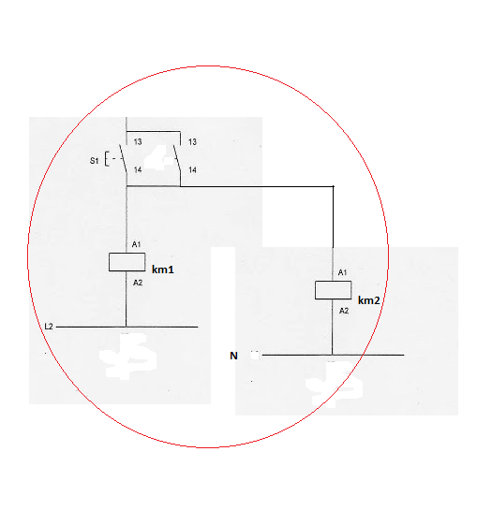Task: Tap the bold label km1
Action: (162, 270)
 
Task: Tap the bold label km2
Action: (369, 300)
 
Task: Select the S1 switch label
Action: (94, 161)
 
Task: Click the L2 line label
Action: (49, 327)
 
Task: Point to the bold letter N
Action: (233, 356)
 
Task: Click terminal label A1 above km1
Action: (136, 244)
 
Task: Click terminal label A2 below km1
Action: (138, 283)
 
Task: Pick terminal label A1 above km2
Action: (342, 272)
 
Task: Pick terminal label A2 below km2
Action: (344, 311)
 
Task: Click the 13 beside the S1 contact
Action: (138, 142)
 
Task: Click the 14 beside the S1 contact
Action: (138, 169)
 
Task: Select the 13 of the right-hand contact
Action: (192, 142)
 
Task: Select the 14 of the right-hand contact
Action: (192, 169)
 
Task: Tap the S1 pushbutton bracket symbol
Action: (107, 159)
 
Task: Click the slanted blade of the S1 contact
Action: (123, 158)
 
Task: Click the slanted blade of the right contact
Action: (177, 158)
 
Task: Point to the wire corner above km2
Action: (333, 186)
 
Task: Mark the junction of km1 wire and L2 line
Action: (127, 327)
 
